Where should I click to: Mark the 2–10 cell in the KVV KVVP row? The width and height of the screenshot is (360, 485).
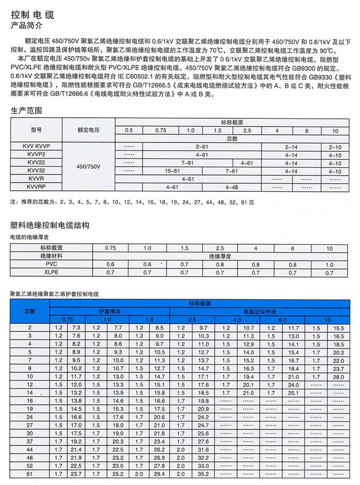point(334,147)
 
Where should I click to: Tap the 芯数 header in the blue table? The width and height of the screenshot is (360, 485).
point(30,311)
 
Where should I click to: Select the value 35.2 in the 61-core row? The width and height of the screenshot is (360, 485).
point(203,474)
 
